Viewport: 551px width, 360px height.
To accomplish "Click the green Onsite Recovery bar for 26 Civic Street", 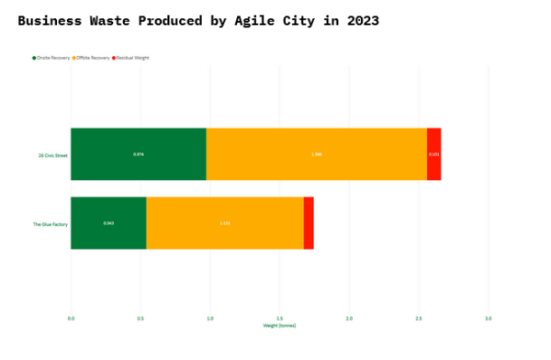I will point(138,154).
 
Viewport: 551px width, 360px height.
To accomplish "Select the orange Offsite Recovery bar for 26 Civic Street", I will point(316,154).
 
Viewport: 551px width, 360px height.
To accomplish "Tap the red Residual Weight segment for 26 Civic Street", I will point(433,154).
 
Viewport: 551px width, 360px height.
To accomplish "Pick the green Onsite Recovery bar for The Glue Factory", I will point(108,223).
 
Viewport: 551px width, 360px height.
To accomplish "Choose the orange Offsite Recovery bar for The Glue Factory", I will point(225,223).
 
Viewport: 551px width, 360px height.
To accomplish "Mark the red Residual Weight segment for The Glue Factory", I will point(309,223).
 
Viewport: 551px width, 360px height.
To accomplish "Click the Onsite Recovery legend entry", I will point(52,58).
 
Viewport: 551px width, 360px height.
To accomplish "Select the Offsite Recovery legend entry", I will point(96,58).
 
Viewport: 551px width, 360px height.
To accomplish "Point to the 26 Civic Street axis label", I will point(53,155).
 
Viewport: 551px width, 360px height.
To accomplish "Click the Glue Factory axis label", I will point(51,224).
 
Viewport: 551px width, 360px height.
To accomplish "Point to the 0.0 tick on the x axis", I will point(71,319).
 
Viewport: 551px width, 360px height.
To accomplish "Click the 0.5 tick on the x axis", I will point(141,319).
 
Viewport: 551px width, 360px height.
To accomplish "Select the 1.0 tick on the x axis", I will point(210,319).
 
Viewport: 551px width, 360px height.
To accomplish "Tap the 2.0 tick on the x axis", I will point(349,319).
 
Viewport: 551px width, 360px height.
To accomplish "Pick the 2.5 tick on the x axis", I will point(419,319).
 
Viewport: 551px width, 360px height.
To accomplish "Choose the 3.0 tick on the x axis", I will point(488,319).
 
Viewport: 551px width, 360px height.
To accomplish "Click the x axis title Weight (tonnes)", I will point(279,326).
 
